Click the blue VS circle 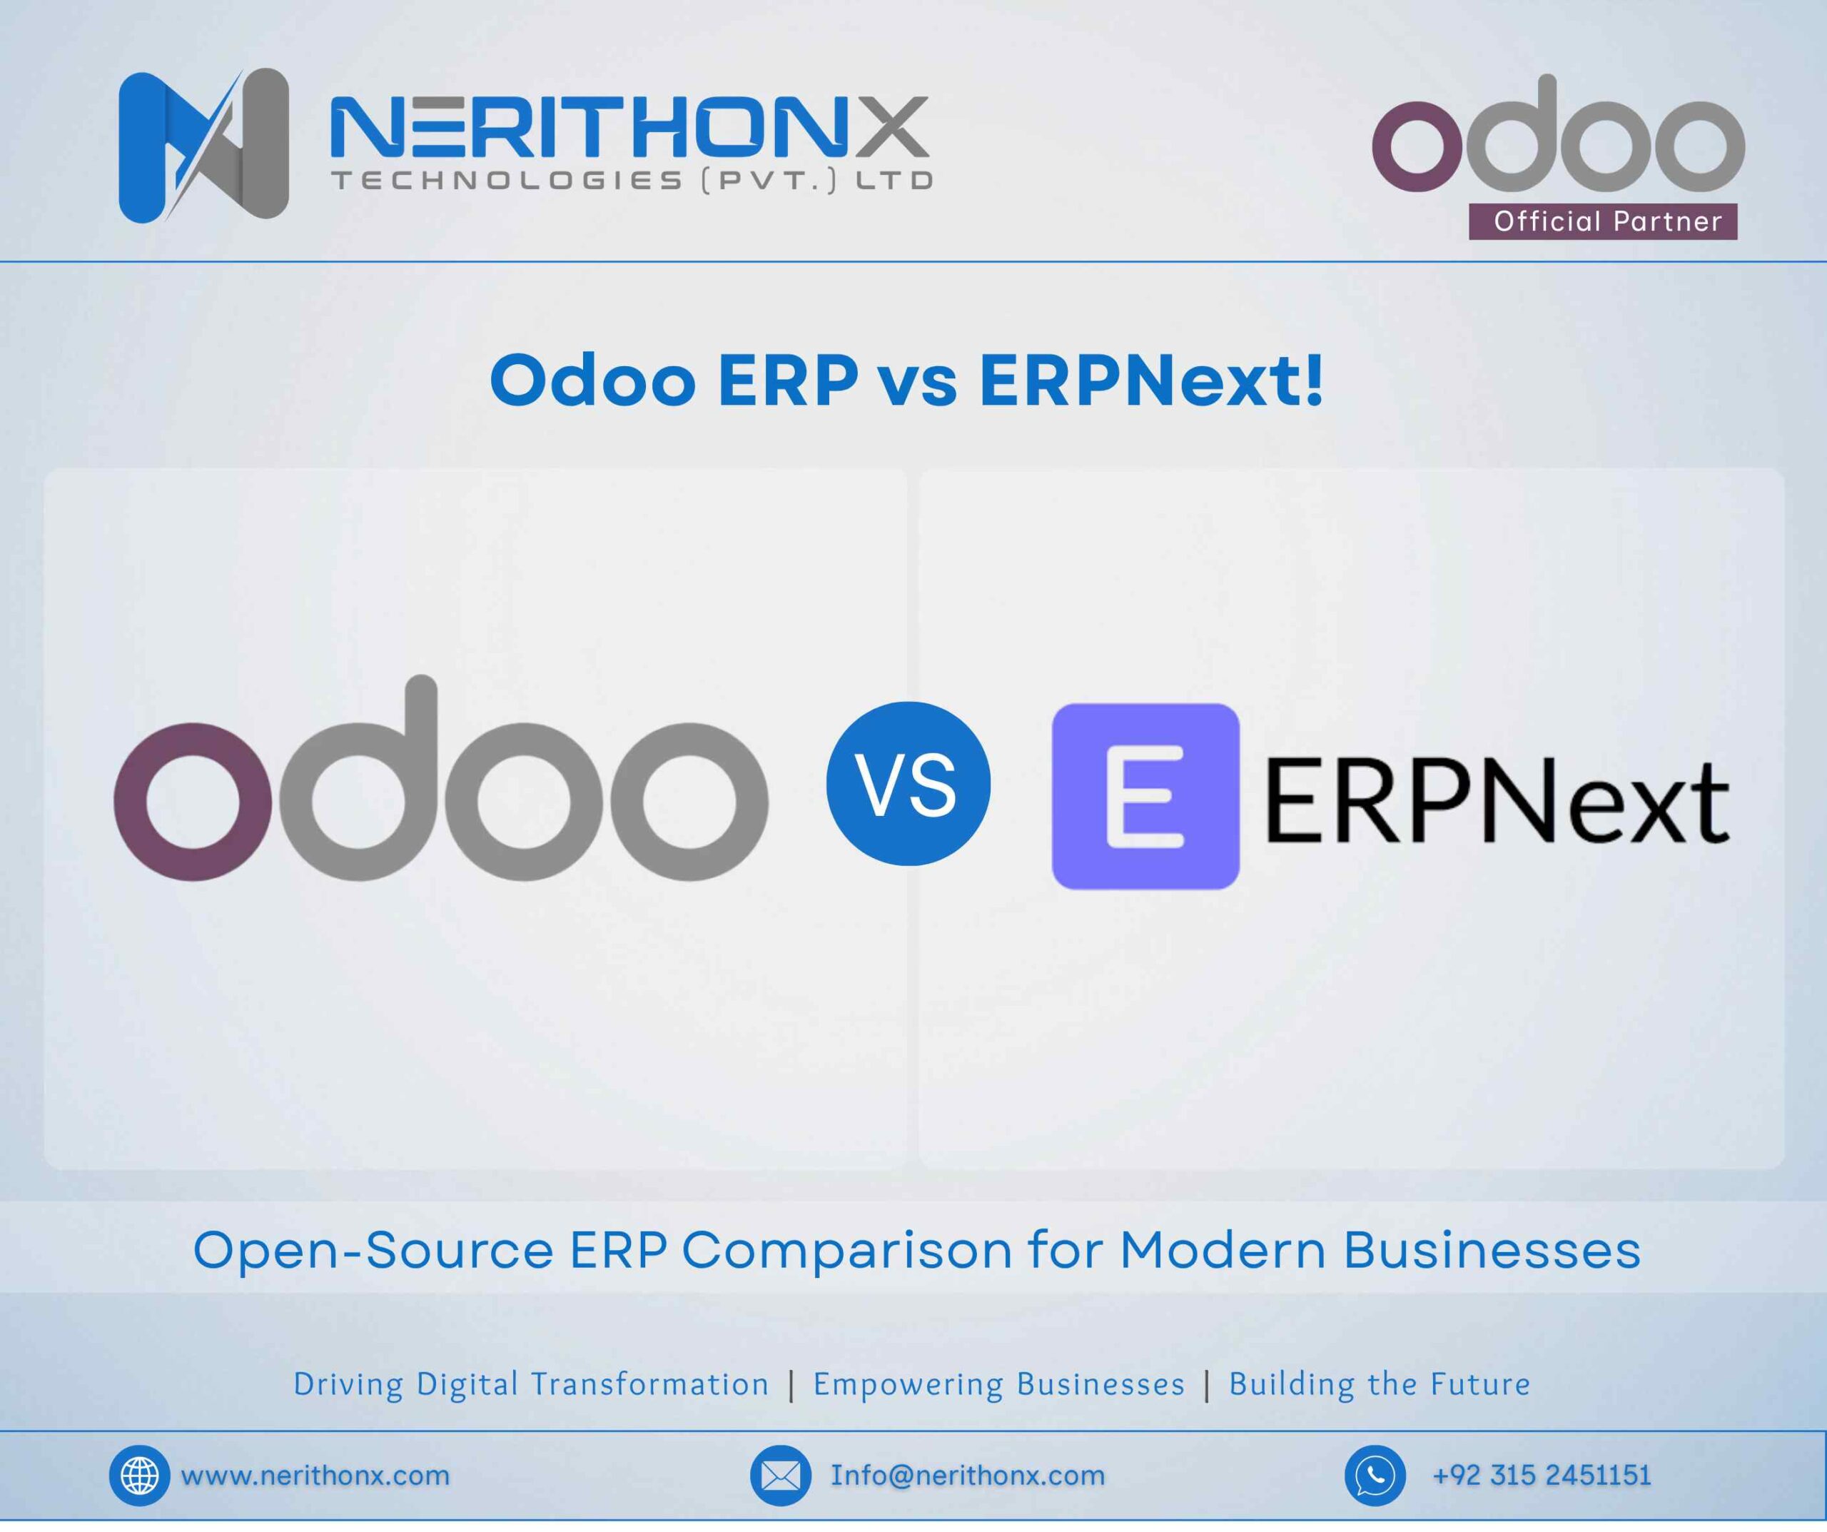pyautogui.click(x=909, y=783)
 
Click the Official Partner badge pyautogui.click(x=1602, y=221)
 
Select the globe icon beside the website pyautogui.click(x=139, y=1476)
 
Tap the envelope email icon pyautogui.click(x=779, y=1476)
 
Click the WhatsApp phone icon pyautogui.click(x=1375, y=1476)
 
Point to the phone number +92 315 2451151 pyautogui.click(x=1542, y=1476)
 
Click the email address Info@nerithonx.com pyautogui.click(x=968, y=1476)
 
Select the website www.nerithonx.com pyautogui.click(x=315, y=1476)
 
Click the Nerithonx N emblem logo pyautogui.click(x=203, y=146)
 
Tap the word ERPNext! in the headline pyautogui.click(x=1151, y=381)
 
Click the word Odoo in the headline pyautogui.click(x=593, y=381)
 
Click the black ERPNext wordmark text pyautogui.click(x=1497, y=801)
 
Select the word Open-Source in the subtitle pyautogui.click(x=373, y=1251)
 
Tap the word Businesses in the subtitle pyautogui.click(x=1492, y=1251)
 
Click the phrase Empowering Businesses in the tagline pyautogui.click(x=998, y=1384)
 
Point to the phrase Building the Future pyautogui.click(x=1379, y=1384)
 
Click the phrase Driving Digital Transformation pyautogui.click(x=531, y=1384)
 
